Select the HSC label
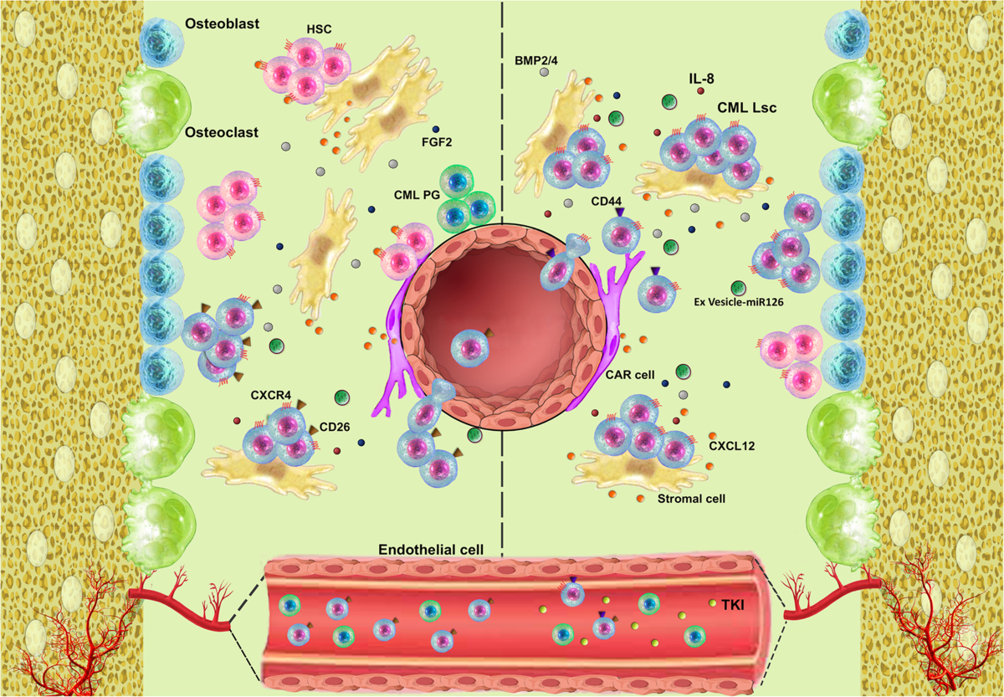coord(319,29)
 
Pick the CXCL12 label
coord(732,446)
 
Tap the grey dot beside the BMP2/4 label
coord(545,74)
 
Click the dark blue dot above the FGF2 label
coord(436,129)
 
